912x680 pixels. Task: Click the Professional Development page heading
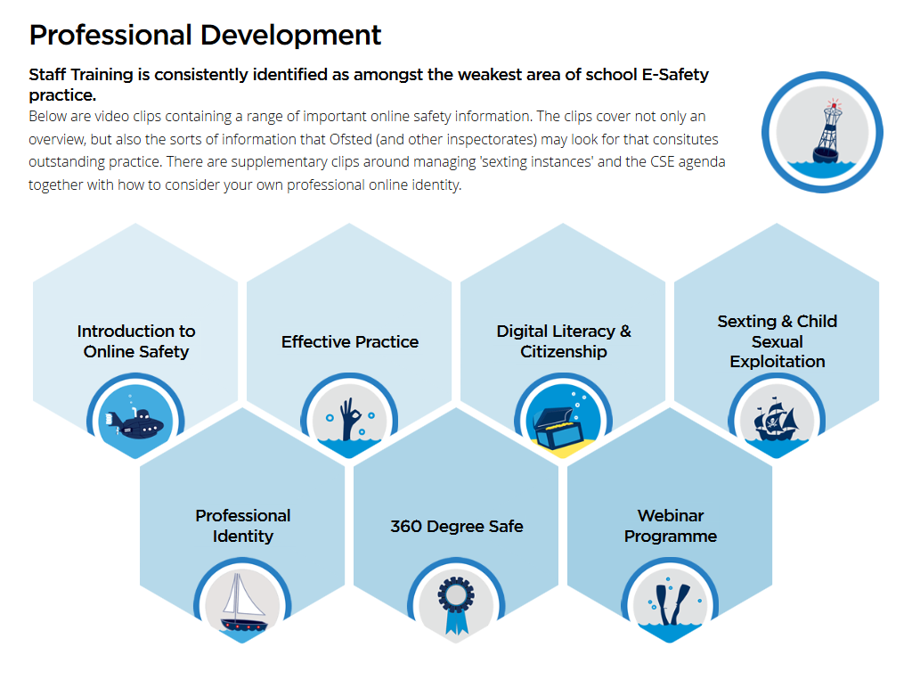click(206, 35)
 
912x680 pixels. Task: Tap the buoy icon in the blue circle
click(827, 132)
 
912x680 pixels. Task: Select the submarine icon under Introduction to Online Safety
click(135, 422)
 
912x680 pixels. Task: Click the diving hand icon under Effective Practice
click(350, 418)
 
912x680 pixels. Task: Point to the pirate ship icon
click(777, 418)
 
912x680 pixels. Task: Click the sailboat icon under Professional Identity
click(243, 602)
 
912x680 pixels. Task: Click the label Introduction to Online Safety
click(136, 341)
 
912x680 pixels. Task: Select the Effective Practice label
click(350, 341)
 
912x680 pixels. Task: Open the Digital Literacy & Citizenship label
click(564, 341)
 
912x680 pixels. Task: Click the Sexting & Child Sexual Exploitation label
click(777, 341)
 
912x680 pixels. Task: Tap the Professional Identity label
click(243, 526)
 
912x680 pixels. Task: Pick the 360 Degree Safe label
click(457, 527)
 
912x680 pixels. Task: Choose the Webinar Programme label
click(671, 526)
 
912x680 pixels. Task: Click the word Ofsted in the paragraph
click(351, 140)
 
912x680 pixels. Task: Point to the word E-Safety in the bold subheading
click(675, 75)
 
